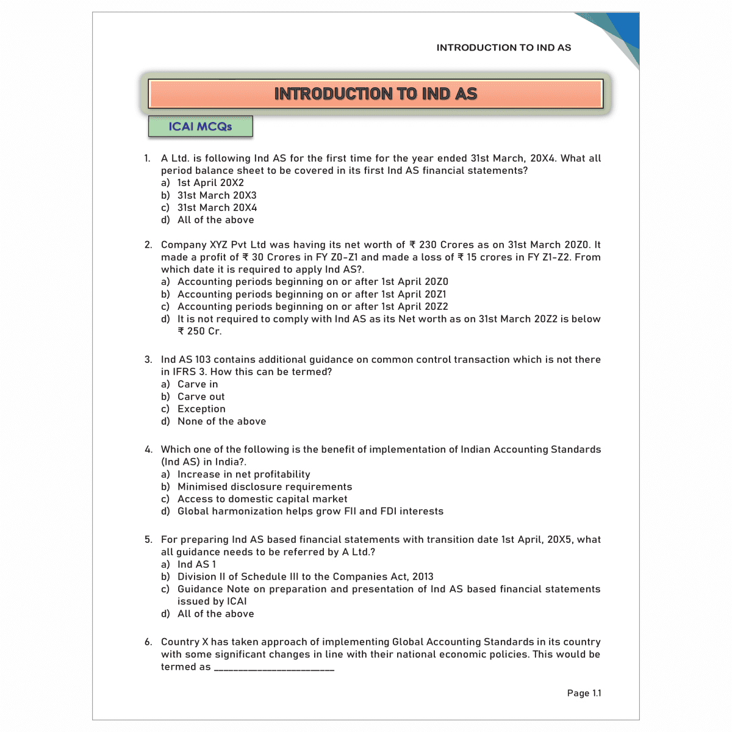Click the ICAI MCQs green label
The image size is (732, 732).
pos(200,127)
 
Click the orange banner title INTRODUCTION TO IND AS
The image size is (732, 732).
pos(375,94)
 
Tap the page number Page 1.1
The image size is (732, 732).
pos(584,693)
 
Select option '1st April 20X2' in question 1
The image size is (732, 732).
pos(210,183)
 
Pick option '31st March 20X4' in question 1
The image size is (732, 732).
pos(217,208)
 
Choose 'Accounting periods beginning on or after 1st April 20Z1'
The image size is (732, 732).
pos(312,294)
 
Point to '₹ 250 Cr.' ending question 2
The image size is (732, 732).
pos(199,331)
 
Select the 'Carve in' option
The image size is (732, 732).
pos(198,384)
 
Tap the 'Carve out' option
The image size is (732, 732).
pos(201,396)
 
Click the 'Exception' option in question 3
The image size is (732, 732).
pos(201,409)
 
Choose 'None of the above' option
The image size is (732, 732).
pos(221,422)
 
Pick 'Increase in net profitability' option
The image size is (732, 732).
pos(243,475)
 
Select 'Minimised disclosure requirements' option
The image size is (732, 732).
pos(265,487)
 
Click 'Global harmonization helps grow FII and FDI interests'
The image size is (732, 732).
pos(310,512)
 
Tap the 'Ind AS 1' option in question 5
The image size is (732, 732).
pos(196,564)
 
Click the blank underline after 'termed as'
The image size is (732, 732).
pos(274,669)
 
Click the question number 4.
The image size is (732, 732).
pos(148,450)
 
